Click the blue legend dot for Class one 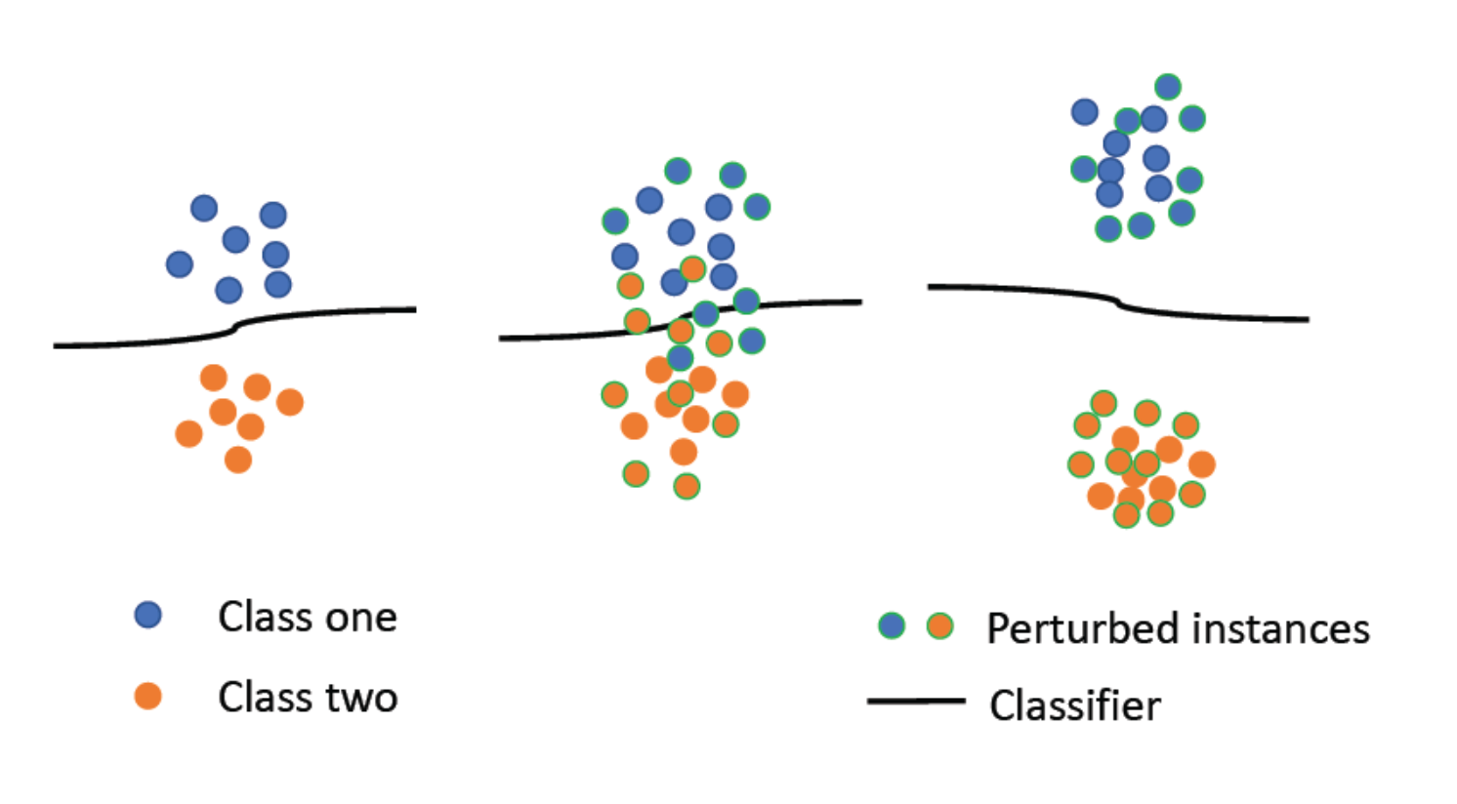pyautogui.click(x=147, y=615)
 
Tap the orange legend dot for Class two pyautogui.click(x=147, y=696)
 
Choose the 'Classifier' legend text pyautogui.click(x=1074, y=705)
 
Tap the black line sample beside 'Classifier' pyautogui.click(x=915, y=701)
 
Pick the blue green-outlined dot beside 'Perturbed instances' pyautogui.click(x=892, y=625)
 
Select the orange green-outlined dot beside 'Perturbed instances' pyautogui.click(x=939, y=625)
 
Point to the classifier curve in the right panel pyautogui.click(x=1221, y=316)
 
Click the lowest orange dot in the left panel pyautogui.click(x=237, y=459)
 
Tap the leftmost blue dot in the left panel pyautogui.click(x=180, y=263)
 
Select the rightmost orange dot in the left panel pyautogui.click(x=289, y=401)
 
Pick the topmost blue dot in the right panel pyautogui.click(x=1168, y=87)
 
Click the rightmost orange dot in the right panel pyautogui.click(x=1202, y=464)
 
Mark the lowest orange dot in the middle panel pyautogui.click(x=687, y=486)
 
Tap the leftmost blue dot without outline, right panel pyautogui.click(x=1085, y=112)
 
